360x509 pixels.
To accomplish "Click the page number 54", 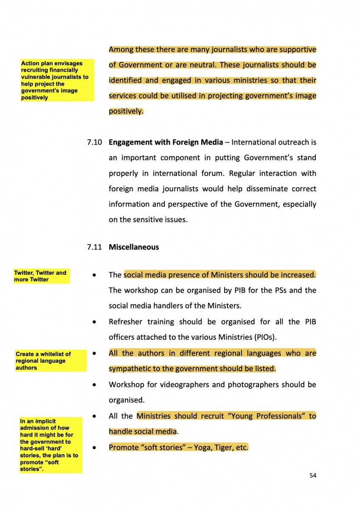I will [x=313, y=475].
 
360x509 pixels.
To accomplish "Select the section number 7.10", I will [x=94, y=142].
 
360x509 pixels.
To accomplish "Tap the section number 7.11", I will [x=94, y=247].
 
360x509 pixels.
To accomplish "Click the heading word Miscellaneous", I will [x=134, y=247].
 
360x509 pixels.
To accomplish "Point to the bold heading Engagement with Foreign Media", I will [x=166, y=142].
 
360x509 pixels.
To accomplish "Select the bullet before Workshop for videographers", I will [x=94, y=385].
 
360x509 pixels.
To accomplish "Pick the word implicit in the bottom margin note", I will [x=45, y=421].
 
